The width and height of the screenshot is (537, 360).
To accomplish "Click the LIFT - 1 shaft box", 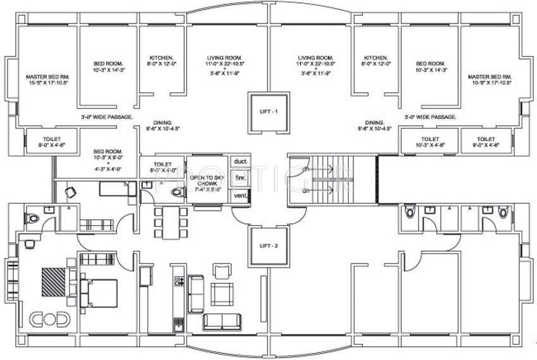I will coord(268,111).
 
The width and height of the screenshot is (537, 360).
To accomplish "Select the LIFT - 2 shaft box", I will coord(268,245).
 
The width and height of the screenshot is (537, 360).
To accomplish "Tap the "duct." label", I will coord(239,163).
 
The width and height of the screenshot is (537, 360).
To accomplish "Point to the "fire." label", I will coord(239,179).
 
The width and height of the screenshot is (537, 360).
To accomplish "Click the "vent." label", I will coord(239,196).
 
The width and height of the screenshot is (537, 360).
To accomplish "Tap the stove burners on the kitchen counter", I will coord(179,281).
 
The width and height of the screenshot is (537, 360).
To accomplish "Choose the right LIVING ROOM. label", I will coord(316,65).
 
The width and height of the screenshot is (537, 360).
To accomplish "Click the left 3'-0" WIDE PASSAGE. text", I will coord(106,117).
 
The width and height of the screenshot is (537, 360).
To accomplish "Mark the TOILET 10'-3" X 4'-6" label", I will coord(430,141).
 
